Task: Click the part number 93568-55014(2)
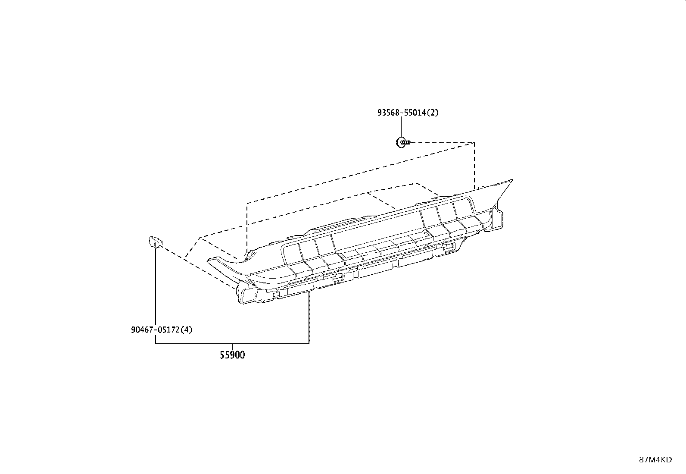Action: click(x=408, y=113)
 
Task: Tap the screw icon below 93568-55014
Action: click(x=403, y=142)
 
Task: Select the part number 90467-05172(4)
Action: click(x=162, y=330)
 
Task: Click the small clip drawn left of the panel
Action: click(x=156, y=242)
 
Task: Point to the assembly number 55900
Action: click(x=232, y=355)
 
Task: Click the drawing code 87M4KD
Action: click(x=655, y=460)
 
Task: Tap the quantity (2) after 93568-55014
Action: click(x=433, y=113)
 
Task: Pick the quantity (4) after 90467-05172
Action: click(x=187, y=330)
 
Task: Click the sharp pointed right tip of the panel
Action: click(x=512, y=180)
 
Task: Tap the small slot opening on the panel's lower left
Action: click(x=337, y=277)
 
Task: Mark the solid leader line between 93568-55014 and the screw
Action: click(x=401, y=127)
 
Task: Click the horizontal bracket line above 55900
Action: click(x=232, y=344)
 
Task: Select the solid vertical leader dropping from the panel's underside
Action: click(x=309, y=317)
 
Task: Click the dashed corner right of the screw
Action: click(x=474, y=143)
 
